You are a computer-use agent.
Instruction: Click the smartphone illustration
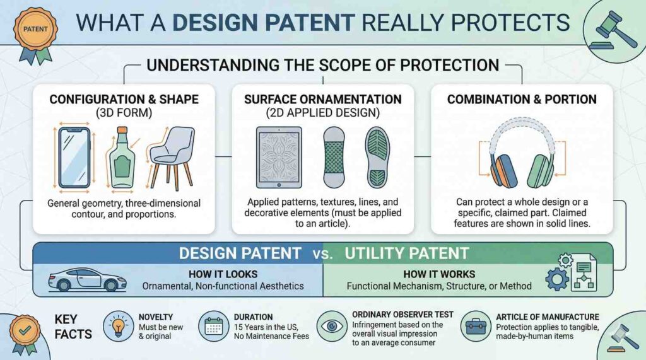pyautogui.click(x=74, y=158)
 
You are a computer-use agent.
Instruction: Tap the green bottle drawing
pyautogui.click(x=122, y=158)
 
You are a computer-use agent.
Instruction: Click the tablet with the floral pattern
pyautogui.click(x=279, y=158)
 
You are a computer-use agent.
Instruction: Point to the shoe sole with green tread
pyautogui.click(x=377, y=158)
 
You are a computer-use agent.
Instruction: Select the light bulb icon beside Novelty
pyautogui.click(x=118, y=326)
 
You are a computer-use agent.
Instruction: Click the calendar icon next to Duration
pyautogui.click(x=213, y=326)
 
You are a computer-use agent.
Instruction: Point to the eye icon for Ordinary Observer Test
pyautogui.click(x=332, y=326)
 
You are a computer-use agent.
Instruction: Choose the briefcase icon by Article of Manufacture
pyautogui.click(x=476, y=326)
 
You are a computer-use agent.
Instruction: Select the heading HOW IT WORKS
pyautogui.click(x=439, y=274)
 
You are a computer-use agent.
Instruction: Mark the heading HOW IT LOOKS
pyautogui.click(x=223, y=274)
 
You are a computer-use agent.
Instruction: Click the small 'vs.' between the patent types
pyautogui.click(x=322, y=253)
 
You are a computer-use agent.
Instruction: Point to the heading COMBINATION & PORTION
pyautogui.click(x=522, y=99)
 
